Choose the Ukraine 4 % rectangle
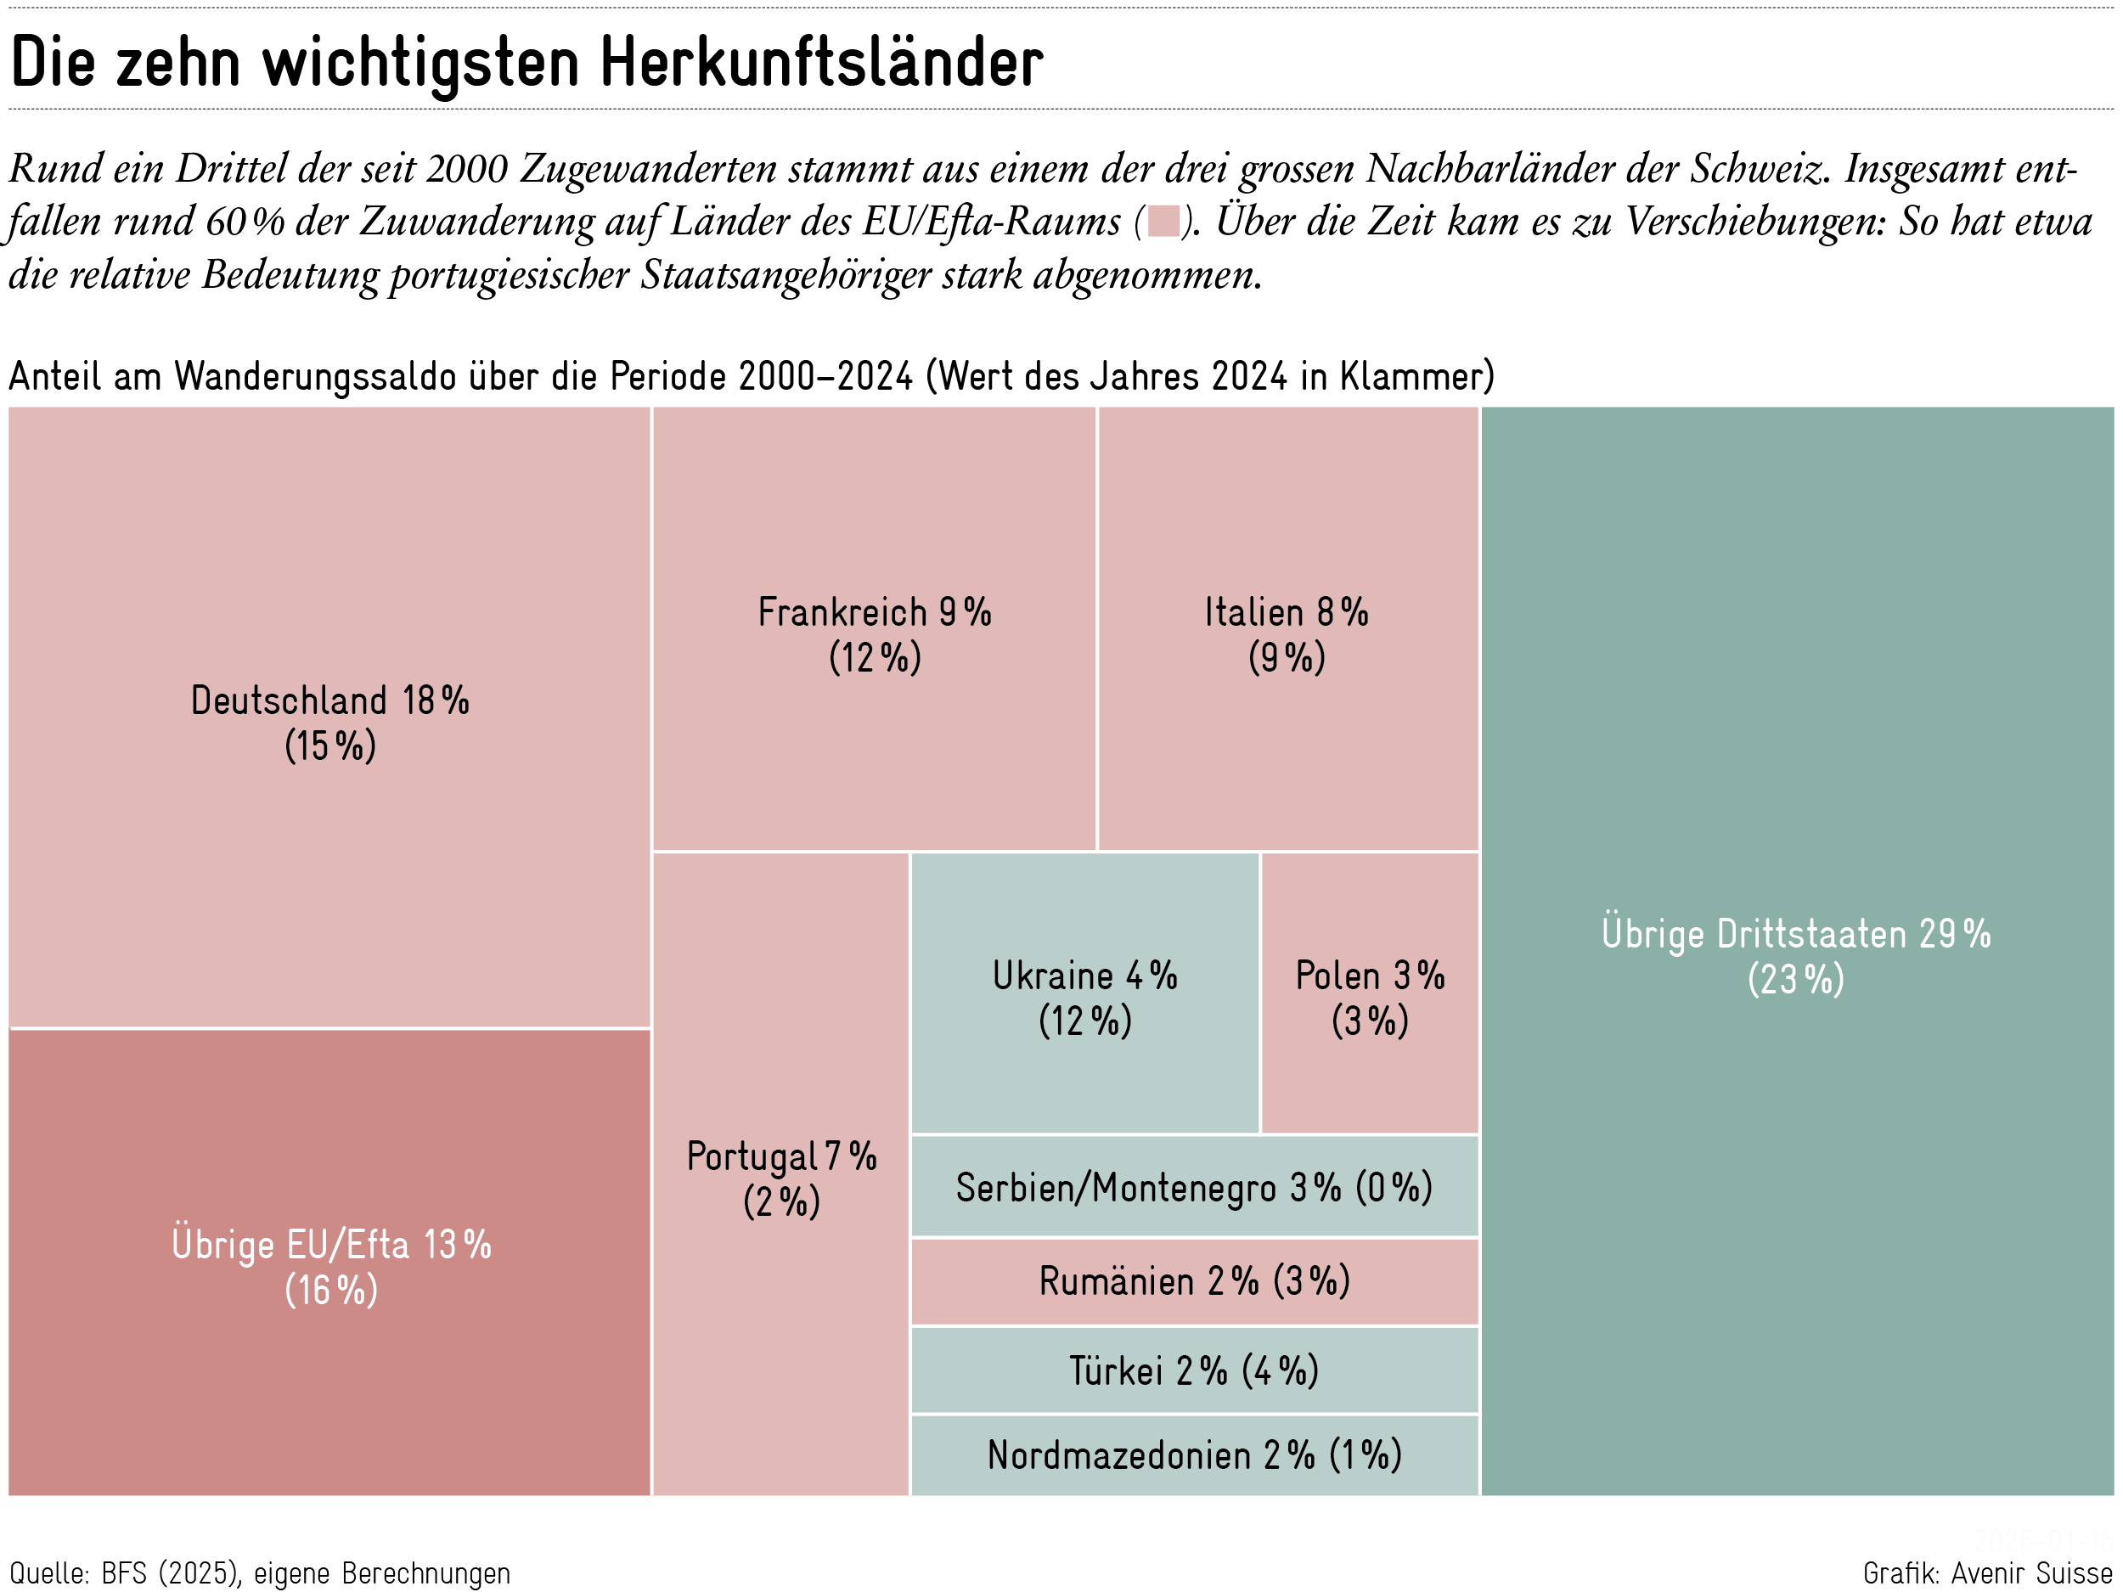pyautogui.click(x=1084, y=1075)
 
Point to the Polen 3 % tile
pyautogui.click(x=1370, y=1075)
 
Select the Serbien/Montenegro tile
pyautogui.click(x=1194, y=1187)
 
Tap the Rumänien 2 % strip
pyautogui.click(x=1194, y=1282)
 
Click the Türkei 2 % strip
pyautogui.click(x=1194, y=1370)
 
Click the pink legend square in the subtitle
pyautogui.click(x=1163, y=221)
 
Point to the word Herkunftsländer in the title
pyautogui.click(x=821, y=62)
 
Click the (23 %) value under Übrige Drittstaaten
pyautogui.click(x=1796, y=980)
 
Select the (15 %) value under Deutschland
pyautogui.click(x=330, y=745)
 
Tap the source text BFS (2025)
pyautogui.click(x=170, y=1572)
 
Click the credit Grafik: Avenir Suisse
pyautogui.click(x=1987, y=1572)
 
